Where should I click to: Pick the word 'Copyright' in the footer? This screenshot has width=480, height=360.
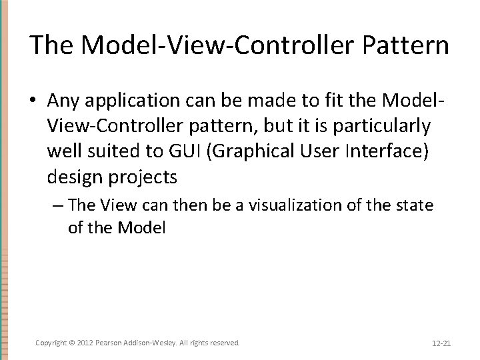pyautogui.click(x=51, y=343)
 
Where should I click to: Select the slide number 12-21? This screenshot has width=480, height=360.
pyautogui.click(x=441, y=343)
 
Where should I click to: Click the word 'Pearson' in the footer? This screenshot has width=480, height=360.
pyautogui.click(x=109, y=343)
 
